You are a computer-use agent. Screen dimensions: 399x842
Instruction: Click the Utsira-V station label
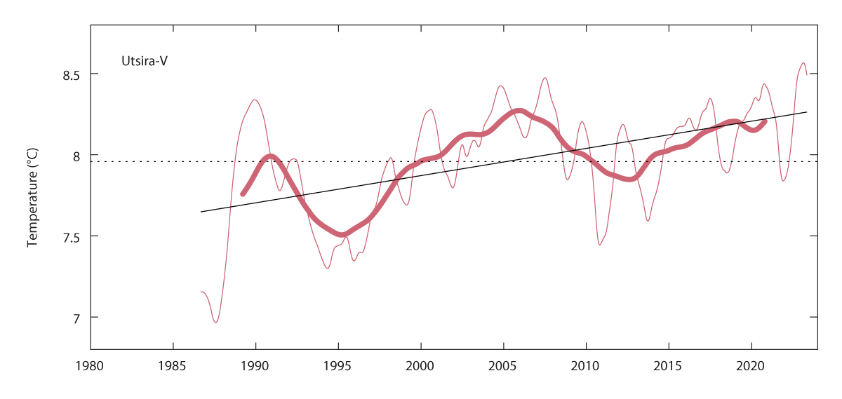click(144, 61)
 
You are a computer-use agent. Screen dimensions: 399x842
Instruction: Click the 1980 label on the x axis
click(91, 365)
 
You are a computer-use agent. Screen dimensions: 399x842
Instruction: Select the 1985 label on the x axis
click(173, 365)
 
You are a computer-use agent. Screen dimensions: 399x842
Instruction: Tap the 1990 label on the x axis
click(255, 365)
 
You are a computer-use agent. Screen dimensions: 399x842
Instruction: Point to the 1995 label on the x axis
click(338, 365)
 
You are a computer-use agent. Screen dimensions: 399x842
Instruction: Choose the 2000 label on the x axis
click(420, 365)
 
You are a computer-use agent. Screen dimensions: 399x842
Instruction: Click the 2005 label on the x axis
click(503, 365)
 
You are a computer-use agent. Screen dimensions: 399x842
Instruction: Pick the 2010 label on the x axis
click(586, 365)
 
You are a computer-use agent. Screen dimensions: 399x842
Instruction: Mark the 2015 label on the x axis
click(668, 365)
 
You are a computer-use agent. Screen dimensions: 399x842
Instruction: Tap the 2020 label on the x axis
click(751, 365)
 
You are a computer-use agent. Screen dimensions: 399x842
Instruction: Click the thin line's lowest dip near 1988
click(215, 322)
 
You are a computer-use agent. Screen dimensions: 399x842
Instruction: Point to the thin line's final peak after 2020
click(803, 63)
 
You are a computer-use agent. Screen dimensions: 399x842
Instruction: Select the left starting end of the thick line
click(243, 194)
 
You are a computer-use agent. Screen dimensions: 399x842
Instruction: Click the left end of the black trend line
click(201, 211)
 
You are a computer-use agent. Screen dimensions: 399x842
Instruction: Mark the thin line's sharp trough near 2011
click(600, 244)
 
